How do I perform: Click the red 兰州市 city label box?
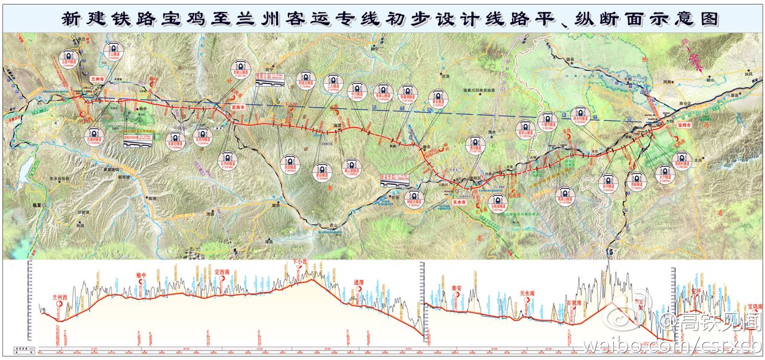[97, 79]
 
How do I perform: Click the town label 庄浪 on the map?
[445, 77]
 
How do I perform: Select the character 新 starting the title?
[70, 18]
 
